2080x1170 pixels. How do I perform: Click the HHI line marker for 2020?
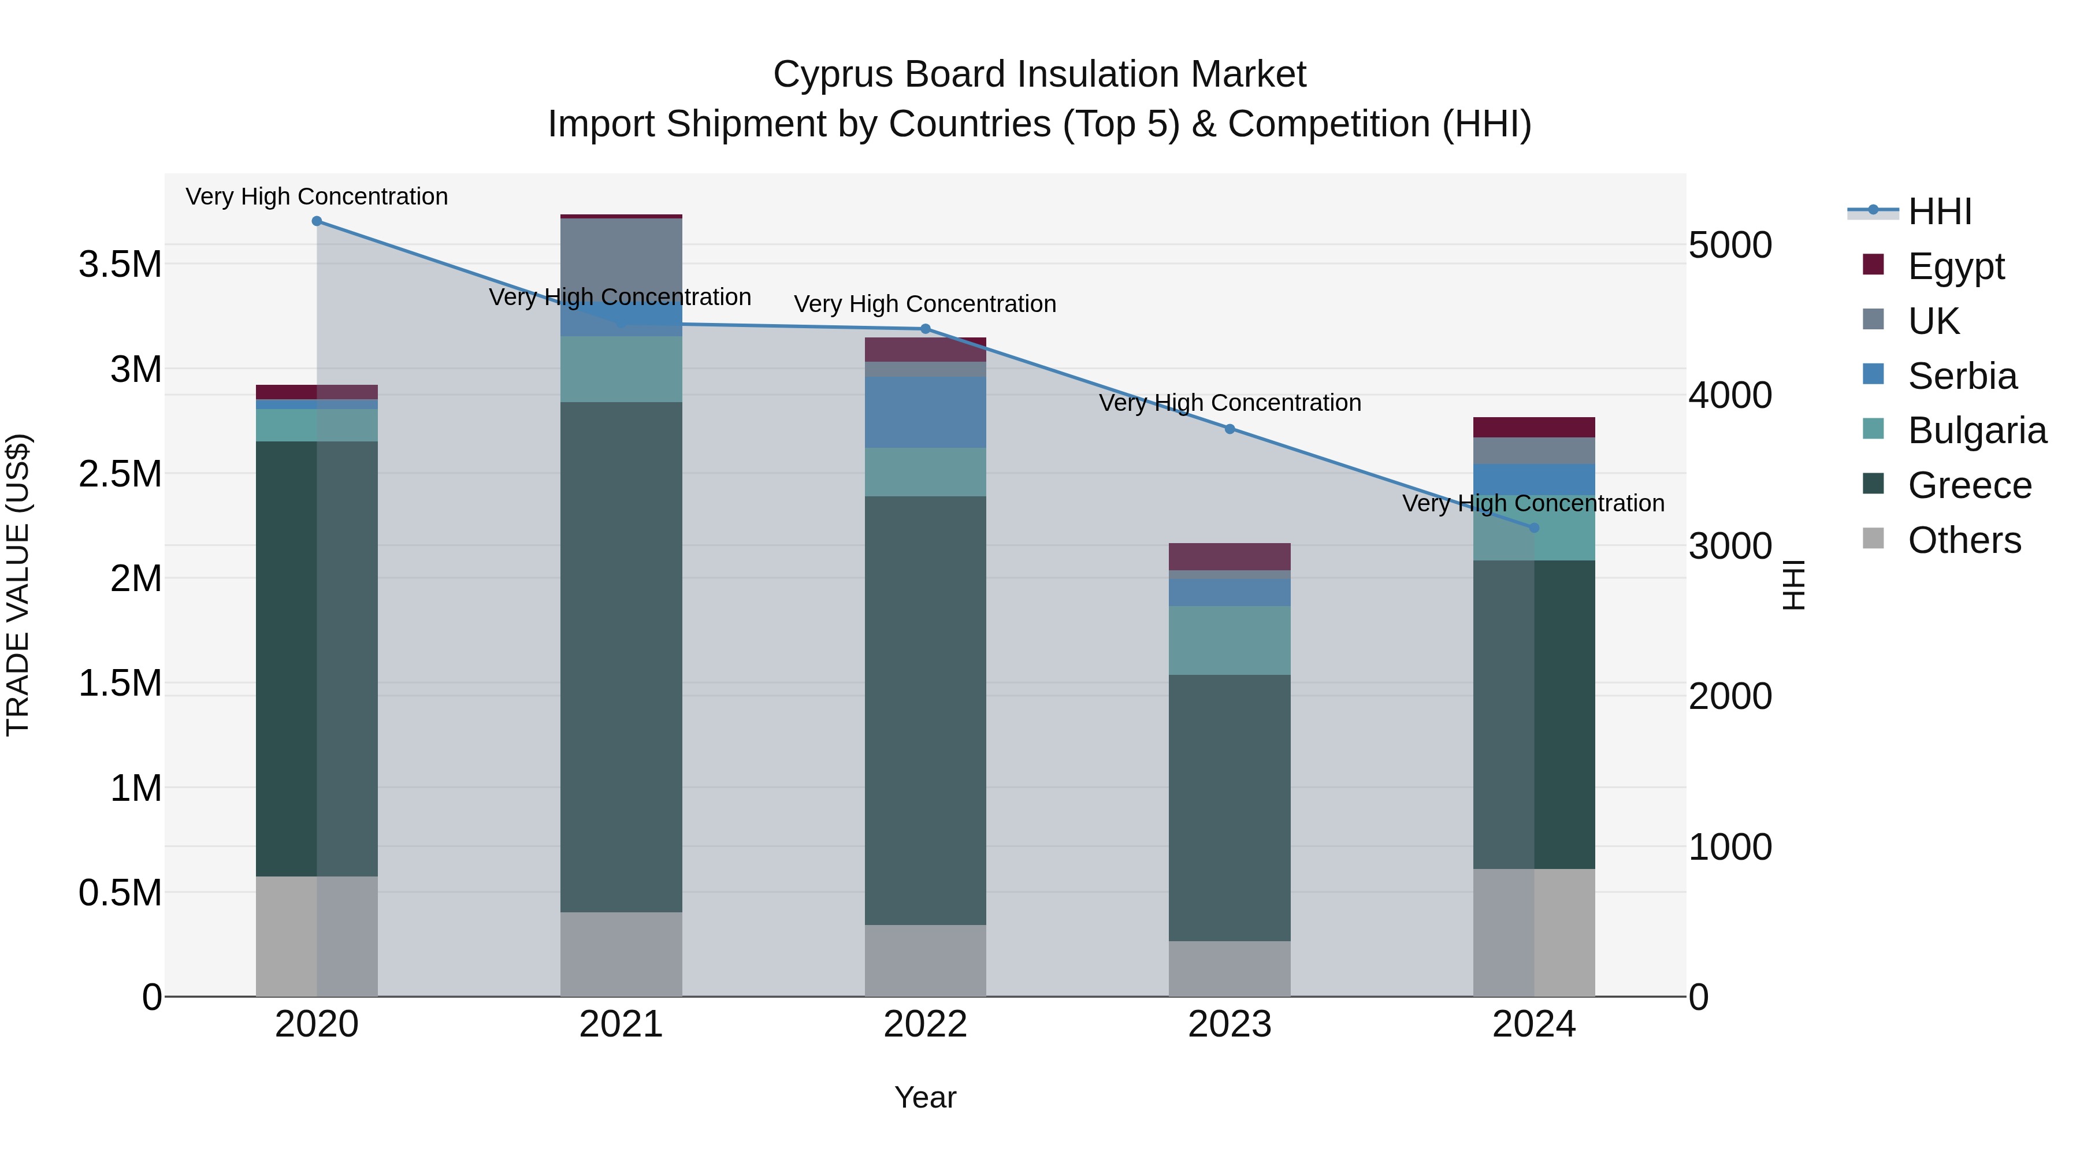[x=317, y=221]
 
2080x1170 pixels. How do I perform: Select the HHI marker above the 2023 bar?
[x=1230, y=429]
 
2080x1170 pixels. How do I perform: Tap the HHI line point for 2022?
[x=926, y=329]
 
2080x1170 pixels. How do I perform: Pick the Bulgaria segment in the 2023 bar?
[x=1230, y=640]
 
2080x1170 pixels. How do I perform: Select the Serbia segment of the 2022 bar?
[x=926, y=412]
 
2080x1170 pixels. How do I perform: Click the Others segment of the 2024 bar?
[x=1534, y=932]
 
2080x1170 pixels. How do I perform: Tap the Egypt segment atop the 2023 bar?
[x=1230, y=556]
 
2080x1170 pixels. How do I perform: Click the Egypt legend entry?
[x=1955, y=266]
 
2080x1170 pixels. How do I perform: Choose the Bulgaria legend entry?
[x=1976, y=430]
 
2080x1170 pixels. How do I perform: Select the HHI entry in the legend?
[x=1938, y=211]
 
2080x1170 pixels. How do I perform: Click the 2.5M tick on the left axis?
[x=120, y=474]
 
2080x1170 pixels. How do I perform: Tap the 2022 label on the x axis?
[x=926, y=1024]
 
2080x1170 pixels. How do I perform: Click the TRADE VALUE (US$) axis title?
[x=18, y=585]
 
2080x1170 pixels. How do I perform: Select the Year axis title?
[x=926, y=1097]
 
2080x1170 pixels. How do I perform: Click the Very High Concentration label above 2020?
[x=317, y=196]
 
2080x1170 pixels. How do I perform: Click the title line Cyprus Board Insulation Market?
[x=1039, y=75]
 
